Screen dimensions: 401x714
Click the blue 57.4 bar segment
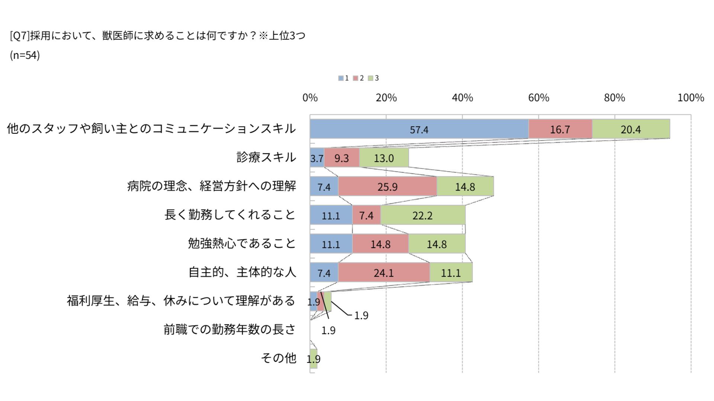point(419,129)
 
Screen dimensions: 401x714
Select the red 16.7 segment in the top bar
point(560,129)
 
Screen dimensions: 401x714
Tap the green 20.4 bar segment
point(631,129)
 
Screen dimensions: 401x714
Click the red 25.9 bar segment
point(387,186)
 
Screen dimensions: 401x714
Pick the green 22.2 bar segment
point(422,215)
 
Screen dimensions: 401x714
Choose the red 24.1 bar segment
point(383,273)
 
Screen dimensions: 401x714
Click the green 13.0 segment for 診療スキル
point(384,158)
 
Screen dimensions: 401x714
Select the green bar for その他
point(313,359)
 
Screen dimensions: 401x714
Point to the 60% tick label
point(538,98)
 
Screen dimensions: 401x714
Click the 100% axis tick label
point(691,98)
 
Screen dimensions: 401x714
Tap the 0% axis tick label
point(310,98)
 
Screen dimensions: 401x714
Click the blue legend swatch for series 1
point(341,78)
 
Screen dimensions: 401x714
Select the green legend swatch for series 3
point(370,78)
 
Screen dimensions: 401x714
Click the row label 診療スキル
point(266,157)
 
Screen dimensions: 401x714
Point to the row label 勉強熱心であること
point(242,244)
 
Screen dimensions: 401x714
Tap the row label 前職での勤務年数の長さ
point(229,329)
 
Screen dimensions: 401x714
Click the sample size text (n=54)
point(25,55)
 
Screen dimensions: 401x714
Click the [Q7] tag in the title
point(19,36)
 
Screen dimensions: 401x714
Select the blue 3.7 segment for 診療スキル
point(317,158)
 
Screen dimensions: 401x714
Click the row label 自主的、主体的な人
point(242,272)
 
